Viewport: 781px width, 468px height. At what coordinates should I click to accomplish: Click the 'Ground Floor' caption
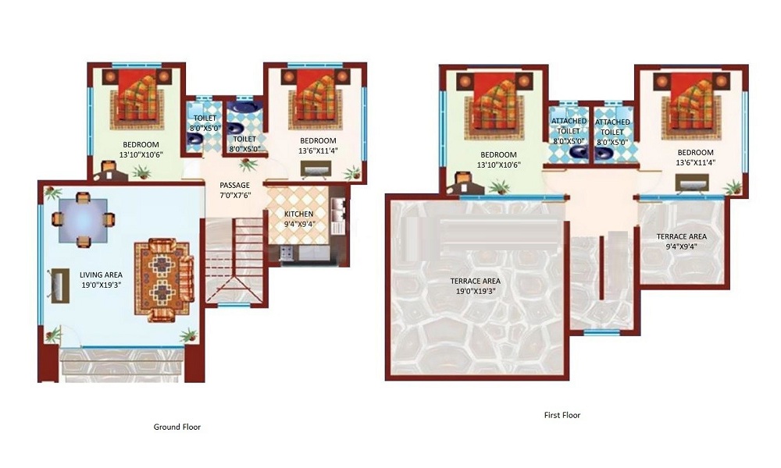(x=177, y=427)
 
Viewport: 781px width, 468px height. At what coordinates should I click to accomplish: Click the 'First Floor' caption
(x=562, y=415)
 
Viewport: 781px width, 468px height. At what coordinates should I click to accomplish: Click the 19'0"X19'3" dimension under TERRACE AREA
(x=475, y=291)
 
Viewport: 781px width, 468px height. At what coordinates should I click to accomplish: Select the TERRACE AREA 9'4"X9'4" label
(x=681, y=241)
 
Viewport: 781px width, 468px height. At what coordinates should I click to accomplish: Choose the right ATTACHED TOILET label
(x=612, y=132)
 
